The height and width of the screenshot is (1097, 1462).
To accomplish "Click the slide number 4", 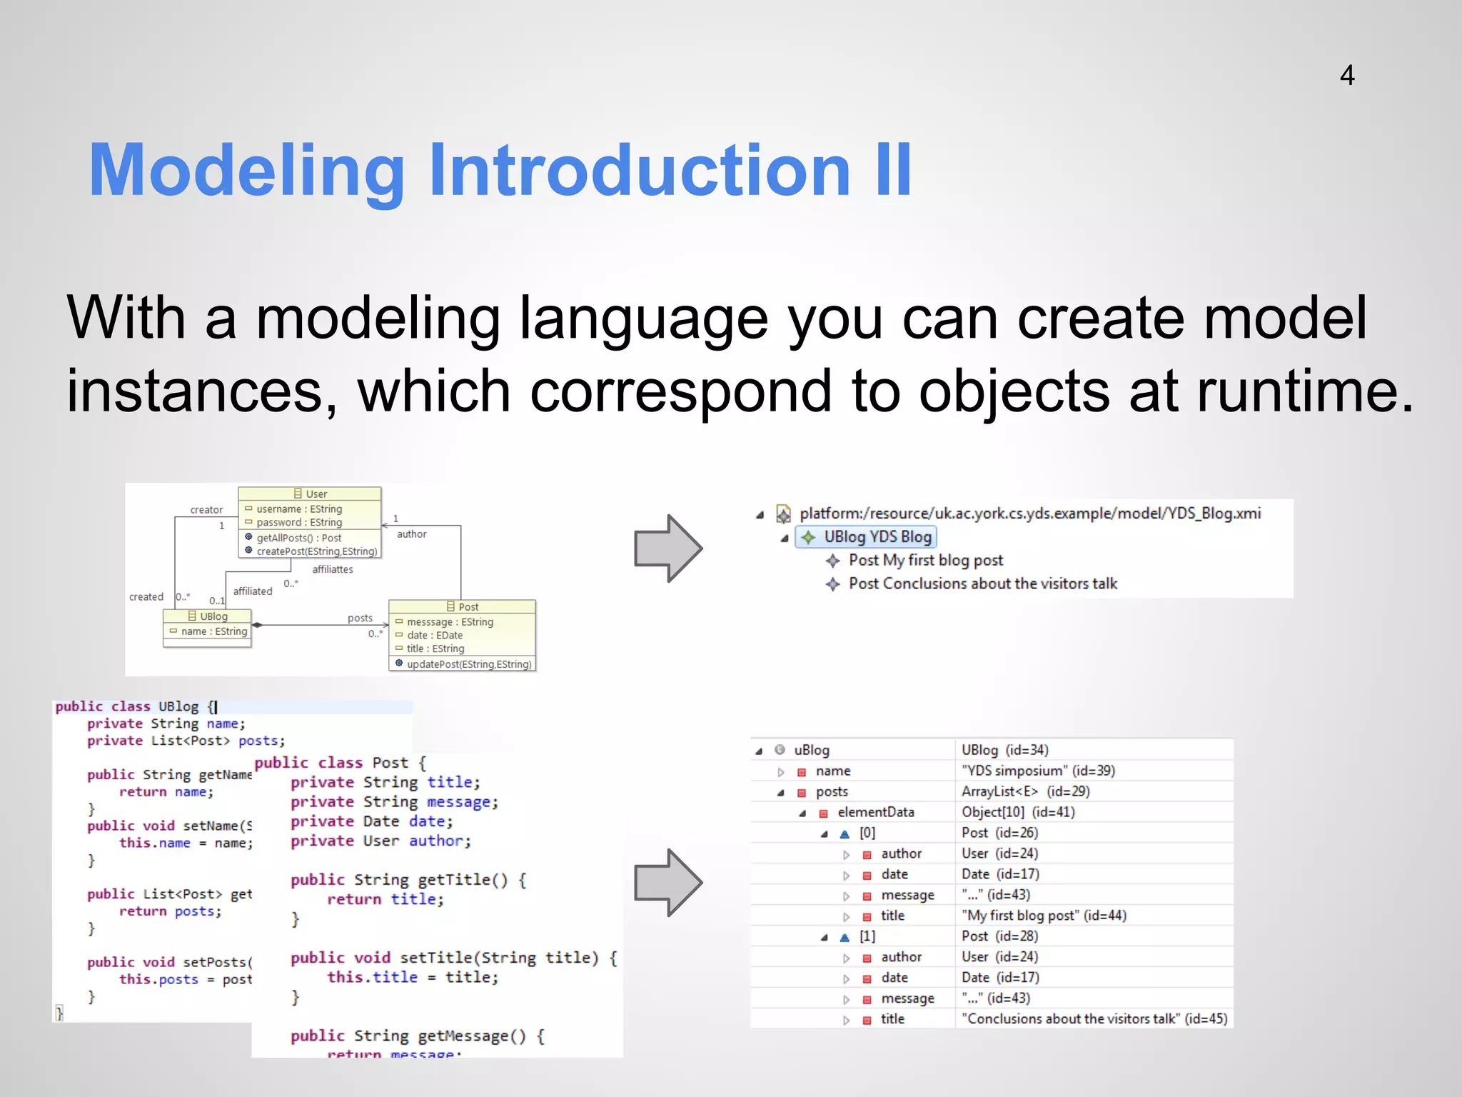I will click(1346, 75).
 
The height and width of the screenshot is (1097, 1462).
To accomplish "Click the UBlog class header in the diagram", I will click(208, 616).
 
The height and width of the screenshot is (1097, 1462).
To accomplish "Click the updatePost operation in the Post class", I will click(468, 664).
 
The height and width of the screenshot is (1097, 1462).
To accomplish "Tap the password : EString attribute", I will click(298, 522).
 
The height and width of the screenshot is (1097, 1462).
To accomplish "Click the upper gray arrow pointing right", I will click(667, 548).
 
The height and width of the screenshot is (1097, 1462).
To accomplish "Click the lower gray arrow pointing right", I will click(667, 883).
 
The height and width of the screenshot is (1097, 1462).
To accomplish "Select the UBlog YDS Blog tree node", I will click(877, 536).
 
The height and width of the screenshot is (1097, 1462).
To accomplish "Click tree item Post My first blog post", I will click(925, 560).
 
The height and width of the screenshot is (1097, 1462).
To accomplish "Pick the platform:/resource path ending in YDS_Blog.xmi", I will click(1029, 513).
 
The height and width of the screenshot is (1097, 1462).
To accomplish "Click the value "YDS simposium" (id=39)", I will click(1037, 771).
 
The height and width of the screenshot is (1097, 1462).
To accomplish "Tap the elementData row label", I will click(875, 812).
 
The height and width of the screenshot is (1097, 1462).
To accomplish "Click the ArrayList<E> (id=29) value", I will click(1025, 791).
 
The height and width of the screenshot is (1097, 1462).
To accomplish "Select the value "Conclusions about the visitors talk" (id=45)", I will click(1094, 1018).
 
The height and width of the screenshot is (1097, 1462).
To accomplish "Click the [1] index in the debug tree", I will click(867, 936).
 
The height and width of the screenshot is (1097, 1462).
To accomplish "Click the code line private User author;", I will click(380, 841).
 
